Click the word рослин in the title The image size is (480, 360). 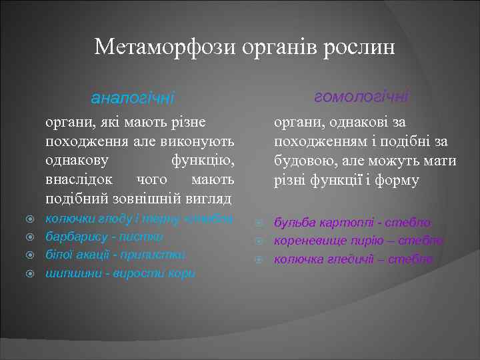[x=359, y=47]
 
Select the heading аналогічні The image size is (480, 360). [x=133, y=99]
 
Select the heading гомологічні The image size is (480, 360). [x=361, y=97]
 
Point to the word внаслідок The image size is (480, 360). [x=76, y=180]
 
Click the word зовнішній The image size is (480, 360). [x=157, y=199]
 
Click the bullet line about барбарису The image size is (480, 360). [x=104, y=237]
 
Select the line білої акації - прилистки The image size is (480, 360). [x=115, y=255]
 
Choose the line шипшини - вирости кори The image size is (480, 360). [x=120, y=273]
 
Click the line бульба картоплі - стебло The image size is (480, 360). [x=352, y=223]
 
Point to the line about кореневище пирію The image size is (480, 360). [x=359, y=241]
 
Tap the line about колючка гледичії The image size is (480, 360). [x=353, y=259]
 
